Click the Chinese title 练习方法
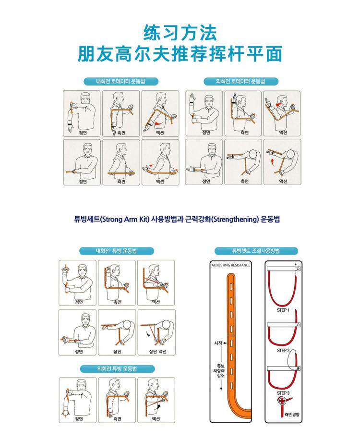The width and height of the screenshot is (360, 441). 180,33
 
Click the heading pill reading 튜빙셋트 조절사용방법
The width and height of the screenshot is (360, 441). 256,251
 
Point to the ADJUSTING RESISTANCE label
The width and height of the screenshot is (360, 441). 231,265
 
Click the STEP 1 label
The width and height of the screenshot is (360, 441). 283,310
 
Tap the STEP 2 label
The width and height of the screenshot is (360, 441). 283,351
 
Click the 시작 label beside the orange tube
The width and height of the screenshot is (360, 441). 218,343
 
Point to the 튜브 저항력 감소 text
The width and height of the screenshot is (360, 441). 218,371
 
